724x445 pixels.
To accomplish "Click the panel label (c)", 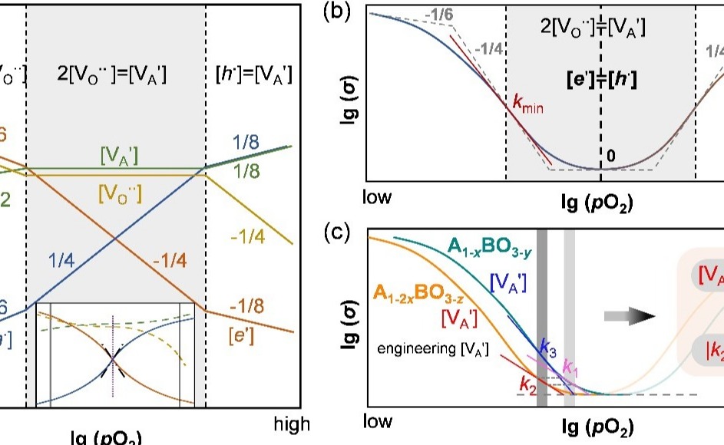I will tap(337, 233).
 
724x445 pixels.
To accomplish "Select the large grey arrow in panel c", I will tap(629, 315).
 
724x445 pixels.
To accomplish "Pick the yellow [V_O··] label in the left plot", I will tap(120, 193).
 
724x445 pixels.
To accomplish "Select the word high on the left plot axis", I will tap(292, 423).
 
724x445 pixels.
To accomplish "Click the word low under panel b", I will tap(378, 198).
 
